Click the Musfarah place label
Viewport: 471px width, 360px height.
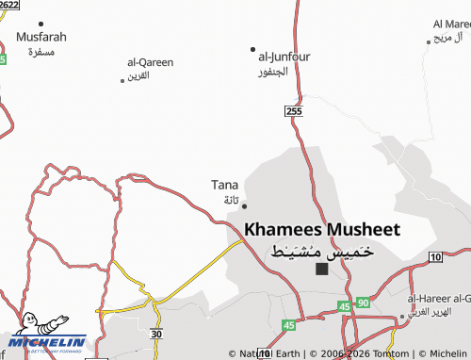coord(41,37)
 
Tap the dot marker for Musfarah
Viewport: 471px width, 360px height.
coord(41,23)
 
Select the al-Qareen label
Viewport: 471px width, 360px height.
coord(151,62)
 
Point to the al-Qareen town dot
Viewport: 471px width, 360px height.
coord(122,80)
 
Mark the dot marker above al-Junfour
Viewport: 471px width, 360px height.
coord(252,49)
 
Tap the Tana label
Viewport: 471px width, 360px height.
coord(224,185)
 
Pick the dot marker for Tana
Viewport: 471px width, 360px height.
coord(245,205)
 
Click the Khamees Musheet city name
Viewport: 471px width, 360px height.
coord(322,229)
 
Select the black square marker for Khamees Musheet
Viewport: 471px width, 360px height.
coord(322,269)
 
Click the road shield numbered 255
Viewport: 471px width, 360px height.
coord(294,111)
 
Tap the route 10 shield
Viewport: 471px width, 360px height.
coord(434,256)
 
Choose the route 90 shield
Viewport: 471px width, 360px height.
coord(364,303)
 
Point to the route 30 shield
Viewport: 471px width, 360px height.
coord(156,334)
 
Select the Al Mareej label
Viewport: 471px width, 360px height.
coord(448,24)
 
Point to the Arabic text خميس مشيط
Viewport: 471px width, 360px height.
coord(322,251)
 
